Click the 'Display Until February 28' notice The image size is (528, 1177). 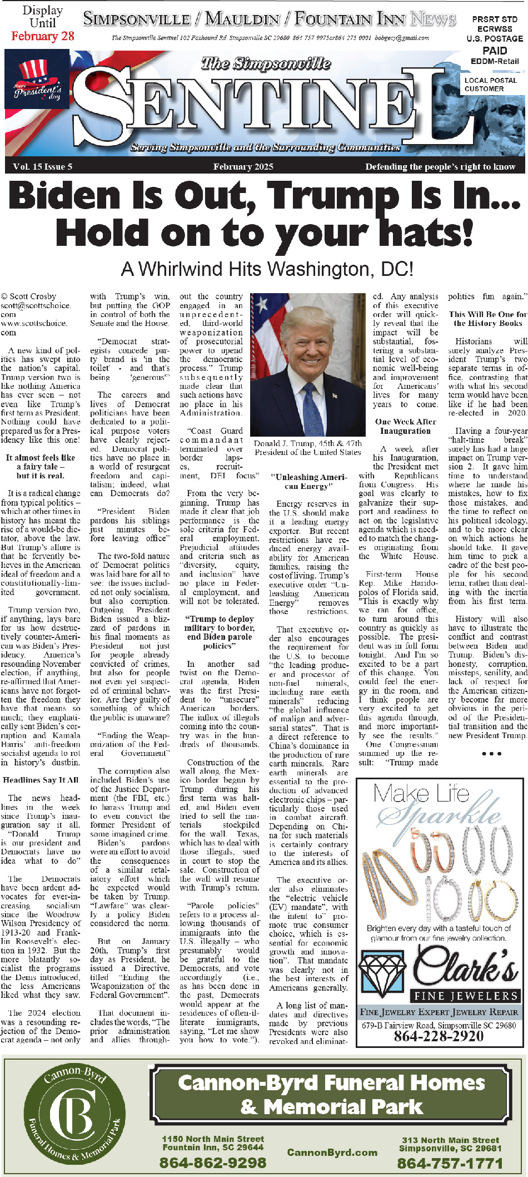coord(43,24)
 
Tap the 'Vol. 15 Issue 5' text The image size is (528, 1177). coord(43,167)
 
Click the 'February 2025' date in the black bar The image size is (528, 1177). coord(243,167)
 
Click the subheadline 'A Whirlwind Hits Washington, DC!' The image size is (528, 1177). coord(267,269)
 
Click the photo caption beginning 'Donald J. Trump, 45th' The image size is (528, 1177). coord(308,448)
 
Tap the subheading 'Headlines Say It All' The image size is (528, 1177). coord(41,780)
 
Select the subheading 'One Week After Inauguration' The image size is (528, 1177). coord(405,426)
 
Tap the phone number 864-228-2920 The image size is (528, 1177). coord(439,1035)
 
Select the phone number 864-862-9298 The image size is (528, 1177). coord(213,1163)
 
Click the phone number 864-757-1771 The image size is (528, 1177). coord(450,1163)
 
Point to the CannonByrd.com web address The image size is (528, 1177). coord(332,1153)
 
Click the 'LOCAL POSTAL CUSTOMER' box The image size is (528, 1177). coord(491,85)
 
